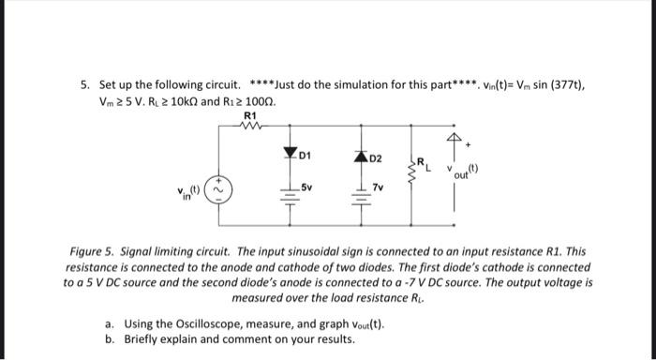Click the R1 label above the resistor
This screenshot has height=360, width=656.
tap(249, 115)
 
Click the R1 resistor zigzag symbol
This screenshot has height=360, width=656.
tap(249, 126)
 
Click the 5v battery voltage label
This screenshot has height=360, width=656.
tap(307, 188)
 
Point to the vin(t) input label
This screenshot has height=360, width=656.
tap(190, 196)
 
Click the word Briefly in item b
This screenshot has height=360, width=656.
tap(143, 338)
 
